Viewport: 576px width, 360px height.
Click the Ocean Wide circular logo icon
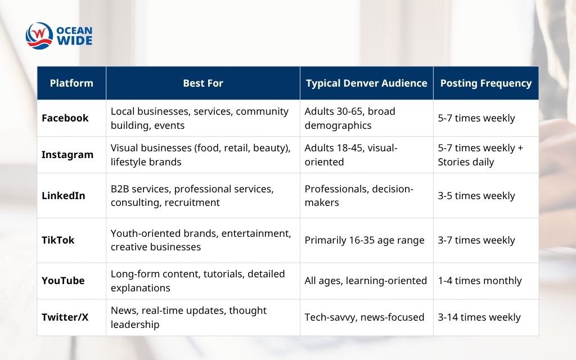click(x=39, y=35)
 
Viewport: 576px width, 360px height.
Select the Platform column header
click(x=71, y=83)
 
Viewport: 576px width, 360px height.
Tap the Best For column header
click(x=203, y=83)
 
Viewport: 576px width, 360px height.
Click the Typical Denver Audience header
click(x=366, y=83)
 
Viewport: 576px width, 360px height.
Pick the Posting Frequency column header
click(x=485, y=83)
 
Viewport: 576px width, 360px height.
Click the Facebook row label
click(x=65, y=118)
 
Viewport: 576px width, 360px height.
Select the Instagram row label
click(x=67, y=155)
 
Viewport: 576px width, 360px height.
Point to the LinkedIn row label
click(x=64, y=196)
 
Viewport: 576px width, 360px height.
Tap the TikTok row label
click(x=58, y=240)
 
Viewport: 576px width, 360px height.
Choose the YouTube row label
click(x=63, y=281)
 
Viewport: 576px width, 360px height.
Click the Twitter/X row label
click(x=65, y=317)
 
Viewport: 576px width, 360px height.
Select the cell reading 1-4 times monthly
click(x=480, y=281)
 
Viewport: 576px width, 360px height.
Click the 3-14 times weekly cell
click(x=479, y=317)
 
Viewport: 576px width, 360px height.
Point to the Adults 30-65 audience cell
click(x=350, y=118)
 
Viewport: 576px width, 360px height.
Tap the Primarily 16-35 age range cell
click(x=364, y=240)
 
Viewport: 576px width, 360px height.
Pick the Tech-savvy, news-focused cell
click(x=364, y=317)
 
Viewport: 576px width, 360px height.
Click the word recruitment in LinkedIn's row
click(x=192, y=202)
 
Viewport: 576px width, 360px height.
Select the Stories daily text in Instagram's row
click(x=466, y=162)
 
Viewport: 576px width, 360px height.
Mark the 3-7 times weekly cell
click(x=476, y=240)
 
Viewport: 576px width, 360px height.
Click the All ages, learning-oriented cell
click(x=366, y=281)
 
